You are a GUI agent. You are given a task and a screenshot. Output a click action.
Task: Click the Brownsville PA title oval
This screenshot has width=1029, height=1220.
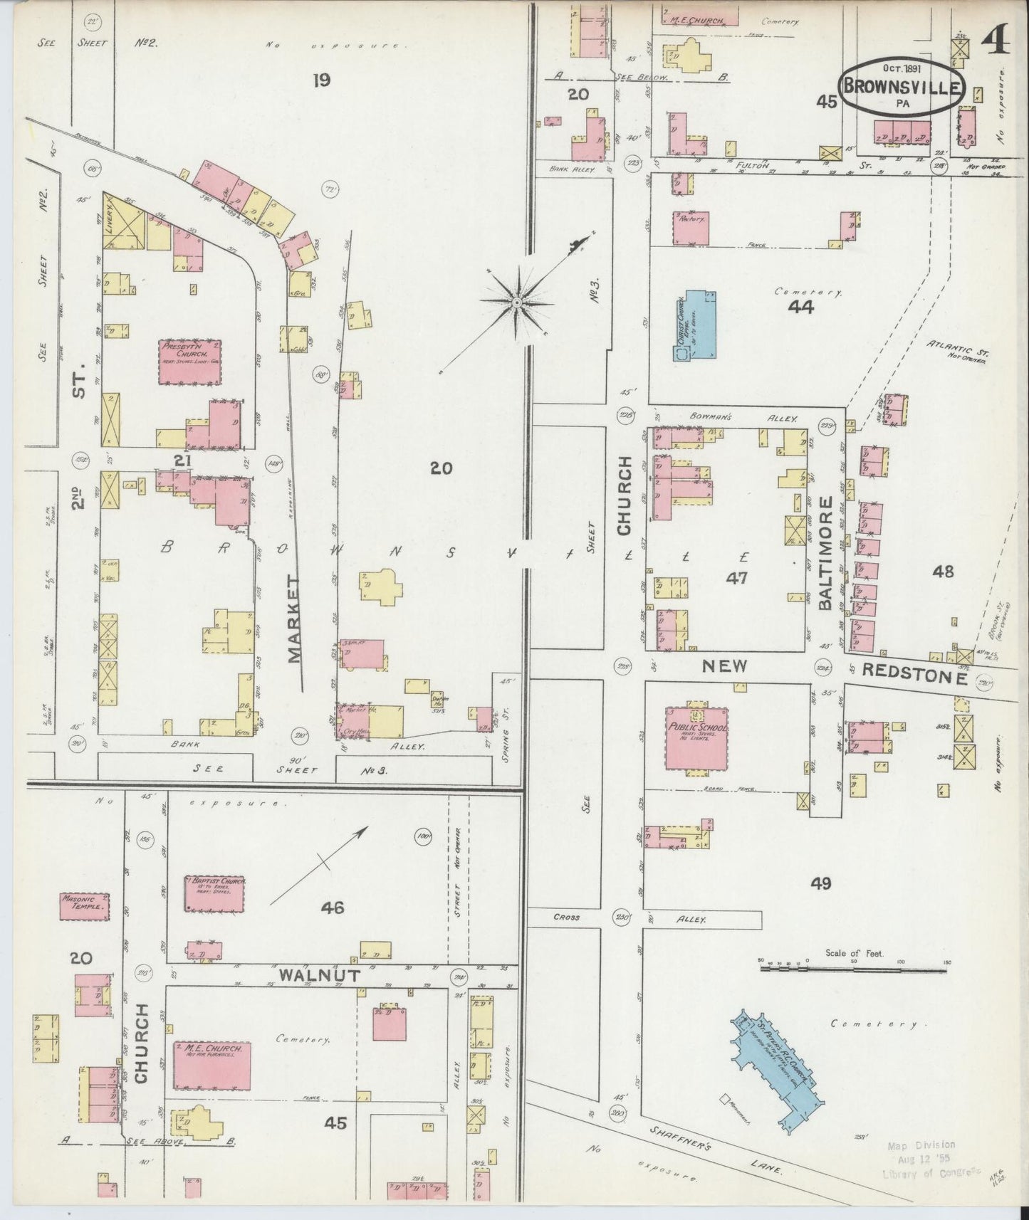(902, 88)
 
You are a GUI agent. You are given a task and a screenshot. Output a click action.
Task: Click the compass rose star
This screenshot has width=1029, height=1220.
(517, 303)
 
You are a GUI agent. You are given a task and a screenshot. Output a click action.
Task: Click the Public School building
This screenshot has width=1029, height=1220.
(697, 737)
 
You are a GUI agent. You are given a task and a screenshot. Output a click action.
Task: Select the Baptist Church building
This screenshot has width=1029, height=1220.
(215, 893)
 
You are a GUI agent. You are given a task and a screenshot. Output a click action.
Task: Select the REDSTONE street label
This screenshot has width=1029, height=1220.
(914, 673)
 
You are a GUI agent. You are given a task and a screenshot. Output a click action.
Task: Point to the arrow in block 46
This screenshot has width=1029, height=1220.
(320, 863)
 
